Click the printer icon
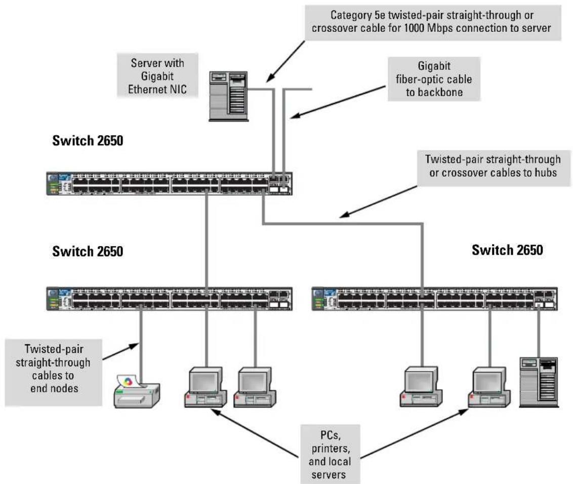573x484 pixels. click(137, 391)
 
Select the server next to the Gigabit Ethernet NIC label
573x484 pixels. click(229, 97)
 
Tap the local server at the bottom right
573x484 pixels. click(539, 382)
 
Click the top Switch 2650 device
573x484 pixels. click(169, 183)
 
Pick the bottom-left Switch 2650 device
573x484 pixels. click(169, 299)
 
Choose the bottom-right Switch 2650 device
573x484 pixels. click(434, 299)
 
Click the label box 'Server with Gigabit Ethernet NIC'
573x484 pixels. click(157, 75)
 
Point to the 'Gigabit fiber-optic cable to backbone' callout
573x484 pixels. click(434, 79)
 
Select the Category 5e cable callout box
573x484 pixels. click(433, 22)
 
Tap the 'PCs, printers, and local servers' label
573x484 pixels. click(330, 455)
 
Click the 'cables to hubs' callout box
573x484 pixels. click(494, 168)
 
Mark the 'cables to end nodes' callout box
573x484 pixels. click(53, 372)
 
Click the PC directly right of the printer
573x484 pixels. click(206, 387)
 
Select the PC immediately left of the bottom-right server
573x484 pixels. click(489, 387)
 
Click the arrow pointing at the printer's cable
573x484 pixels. click(121, 351)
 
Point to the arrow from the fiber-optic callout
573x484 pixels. click(338, 102)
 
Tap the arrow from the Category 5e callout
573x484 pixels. click(285, 61)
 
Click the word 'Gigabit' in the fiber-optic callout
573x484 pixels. click(434, 66)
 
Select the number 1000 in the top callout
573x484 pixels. click(414, 28)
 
